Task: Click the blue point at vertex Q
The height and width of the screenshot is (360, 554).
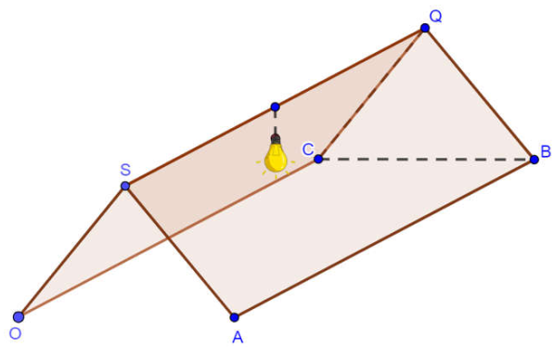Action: coord(425,28)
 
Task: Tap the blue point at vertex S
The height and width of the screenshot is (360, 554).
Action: coord(125,186)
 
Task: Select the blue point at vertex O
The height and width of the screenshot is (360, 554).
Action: coord(19,317)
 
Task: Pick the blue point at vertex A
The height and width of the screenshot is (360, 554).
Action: coord(234,317)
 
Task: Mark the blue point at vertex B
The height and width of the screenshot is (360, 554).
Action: coord(534,160)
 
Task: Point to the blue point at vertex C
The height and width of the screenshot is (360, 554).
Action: coord(318,159)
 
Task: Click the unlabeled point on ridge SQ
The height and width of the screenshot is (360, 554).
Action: coord(276,107)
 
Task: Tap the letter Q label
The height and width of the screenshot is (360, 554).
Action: coord(435,17)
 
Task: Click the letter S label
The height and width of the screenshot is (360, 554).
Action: coord(125,170)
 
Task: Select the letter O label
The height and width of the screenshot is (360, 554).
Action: coord(15,333)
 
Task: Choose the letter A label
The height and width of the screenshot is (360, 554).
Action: coord(238,338)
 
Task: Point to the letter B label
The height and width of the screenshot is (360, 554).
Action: coord(546,151)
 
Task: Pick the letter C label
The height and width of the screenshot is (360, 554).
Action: coord(308,149)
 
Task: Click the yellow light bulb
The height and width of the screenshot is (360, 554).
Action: coord(276,157)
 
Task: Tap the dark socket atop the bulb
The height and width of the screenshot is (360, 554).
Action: coord(276,139)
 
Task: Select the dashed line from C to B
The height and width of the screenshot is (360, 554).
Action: coord(426,160)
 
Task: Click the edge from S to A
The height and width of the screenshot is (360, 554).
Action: coord(179,251)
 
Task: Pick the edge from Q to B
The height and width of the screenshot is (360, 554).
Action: coord(480,94)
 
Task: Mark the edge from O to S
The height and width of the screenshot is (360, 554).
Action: coord(71,251)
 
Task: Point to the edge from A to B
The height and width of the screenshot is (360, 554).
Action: coord(384,238)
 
